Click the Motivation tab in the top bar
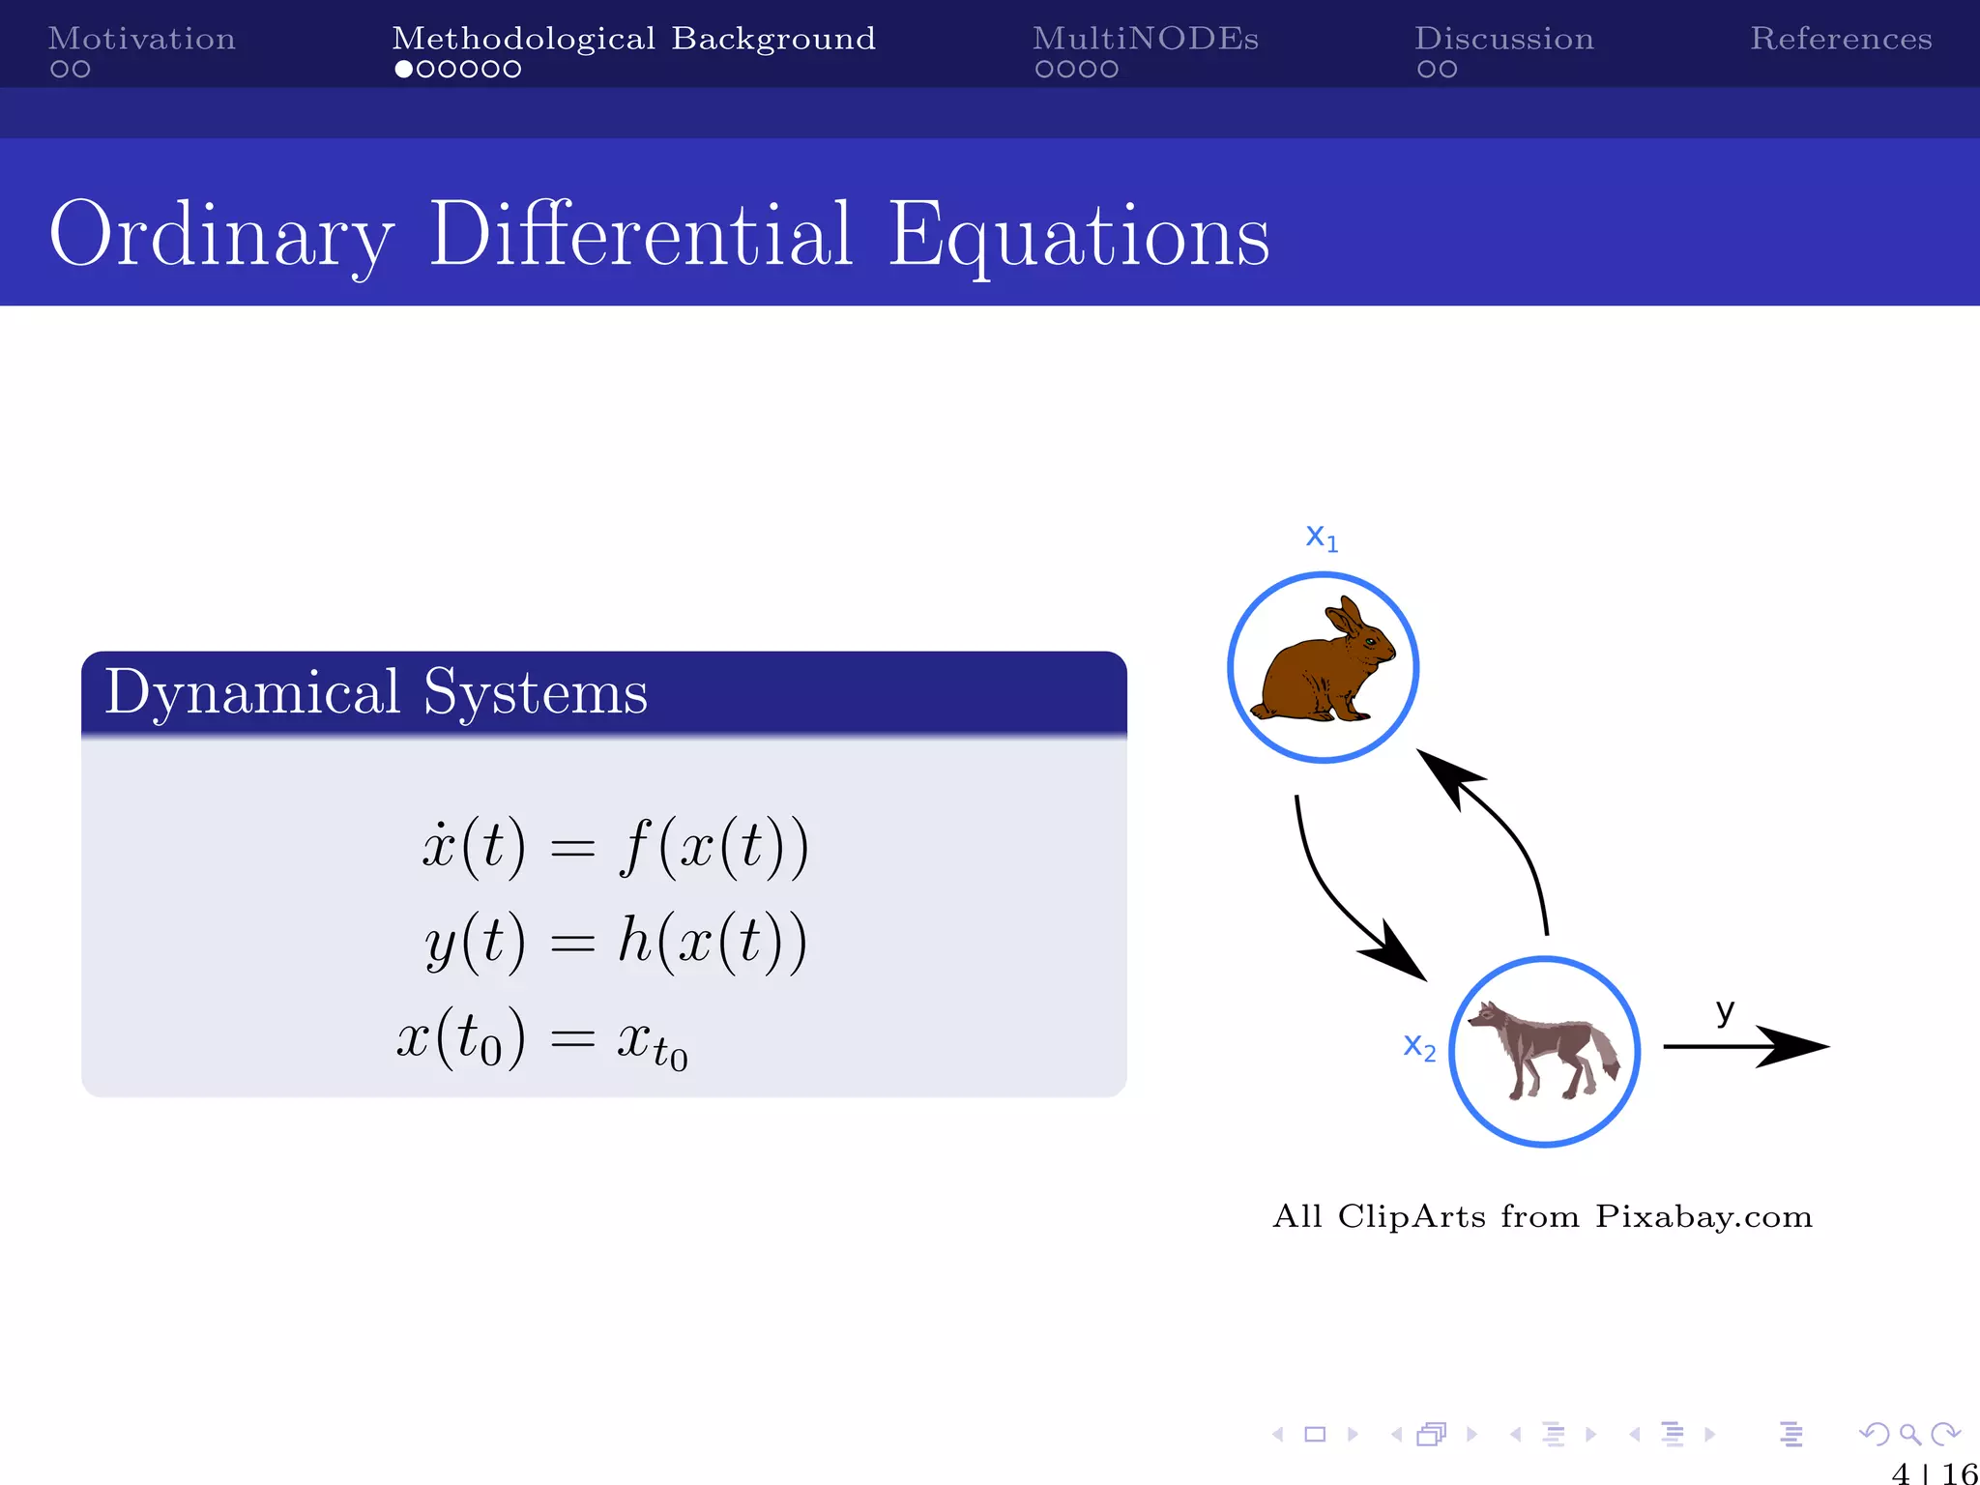(141, 39)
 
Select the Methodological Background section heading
(633, 39)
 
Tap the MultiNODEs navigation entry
(1145, 39)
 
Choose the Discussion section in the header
(1503, 39)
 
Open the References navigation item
(1840, 39)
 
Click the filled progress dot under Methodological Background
(404, 70)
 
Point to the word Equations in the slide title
(1078, 235)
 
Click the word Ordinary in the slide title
(221, 235)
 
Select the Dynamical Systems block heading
(375, 692)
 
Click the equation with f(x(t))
(615, 847)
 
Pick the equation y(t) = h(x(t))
(615, 942)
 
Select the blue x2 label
(1419, 1046)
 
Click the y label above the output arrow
(1725, 1011)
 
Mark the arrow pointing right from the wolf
(1745, 1046)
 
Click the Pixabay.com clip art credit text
(1542, 1216)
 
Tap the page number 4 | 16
(1934, 1472)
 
